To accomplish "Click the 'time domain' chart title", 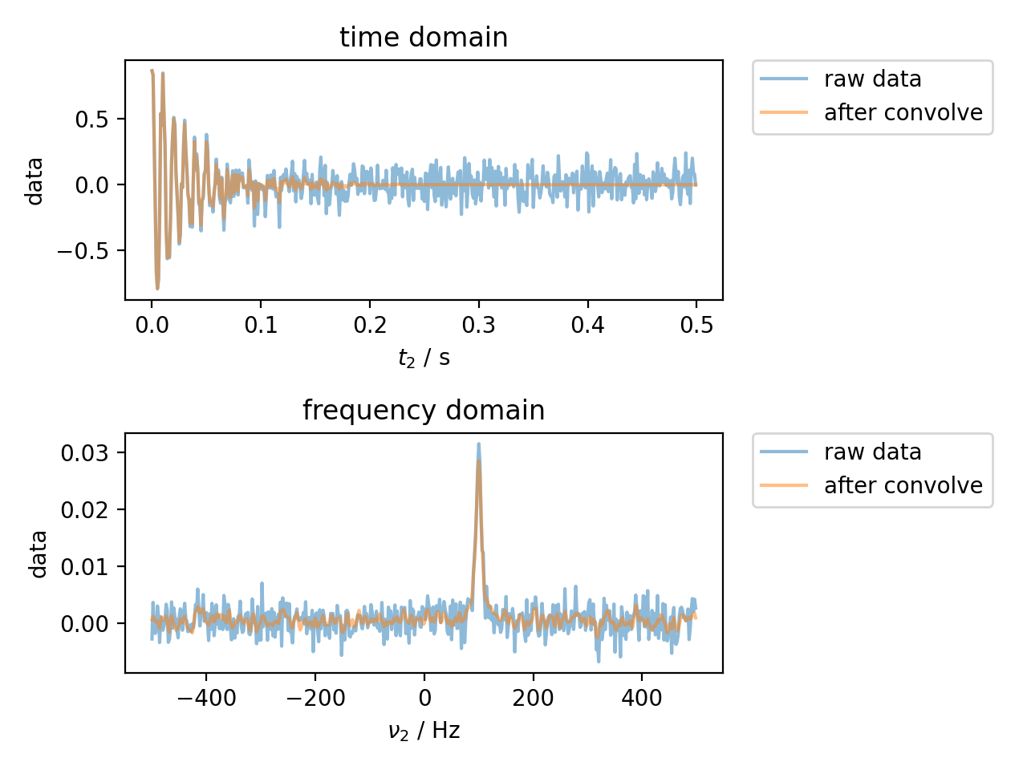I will pyautogui.click(x=424, y=38).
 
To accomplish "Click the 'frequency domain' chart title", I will pyautogui.click(x=424, y=411).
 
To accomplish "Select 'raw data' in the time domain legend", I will pyautogui.click(x=872, y=79).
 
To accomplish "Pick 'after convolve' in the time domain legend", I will pyautogui.click(x=903, y=113).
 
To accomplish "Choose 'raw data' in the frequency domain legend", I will pyautogui.click(x=872, y=452).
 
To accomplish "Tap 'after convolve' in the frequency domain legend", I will pyautogui.click(x=903, y=486).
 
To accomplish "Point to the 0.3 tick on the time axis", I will pyautogui.click(x=479, y=325).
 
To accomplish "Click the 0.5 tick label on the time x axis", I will pyautogui.click(x=696, y=325).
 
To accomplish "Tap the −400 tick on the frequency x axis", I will pyautogui.click(x=206, y=698).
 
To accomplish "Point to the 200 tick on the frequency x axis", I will pyautogui.click(x=534, y=698).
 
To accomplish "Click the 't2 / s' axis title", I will pyautogui.click(x=424, y=358).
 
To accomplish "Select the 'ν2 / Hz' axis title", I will pyautogui.click(x=424, y=731).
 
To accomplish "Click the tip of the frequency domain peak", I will pyautogui.click(x=479, y=444).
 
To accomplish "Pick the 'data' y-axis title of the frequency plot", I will pyautogui.click(x=38, y=553).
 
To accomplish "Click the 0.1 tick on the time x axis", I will pyautogui.click(x=261, y=325).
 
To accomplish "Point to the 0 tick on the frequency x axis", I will pyautogui.click(x=424, y=698).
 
